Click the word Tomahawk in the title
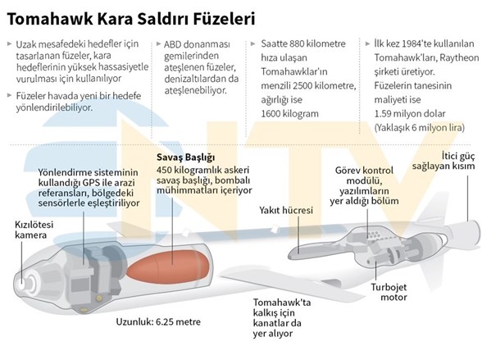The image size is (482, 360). point(50,19)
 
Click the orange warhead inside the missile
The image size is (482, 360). point(169,266)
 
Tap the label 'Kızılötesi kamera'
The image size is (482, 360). point(34,230)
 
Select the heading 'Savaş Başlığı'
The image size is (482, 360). point(185,157)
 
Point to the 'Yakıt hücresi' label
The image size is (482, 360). point(286,210)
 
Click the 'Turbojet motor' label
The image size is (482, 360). point(389,292)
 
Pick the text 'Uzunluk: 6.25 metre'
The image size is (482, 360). point(158,322)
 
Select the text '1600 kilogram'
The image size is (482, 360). point(289,114)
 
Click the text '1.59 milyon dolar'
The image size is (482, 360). point(410,114)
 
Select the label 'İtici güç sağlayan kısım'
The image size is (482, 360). point(443,161)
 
